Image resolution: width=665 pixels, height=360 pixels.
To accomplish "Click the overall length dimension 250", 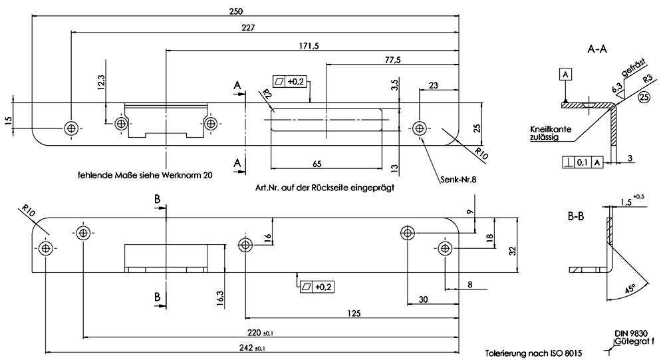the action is click(236, 11).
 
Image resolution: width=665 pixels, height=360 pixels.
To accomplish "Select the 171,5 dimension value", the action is click(309, 46).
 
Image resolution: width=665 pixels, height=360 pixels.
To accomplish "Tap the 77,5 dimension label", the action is click(393, 60).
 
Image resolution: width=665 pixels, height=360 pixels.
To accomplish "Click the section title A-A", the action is click(597, 49).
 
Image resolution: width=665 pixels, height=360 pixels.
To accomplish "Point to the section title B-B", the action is click(576, 216).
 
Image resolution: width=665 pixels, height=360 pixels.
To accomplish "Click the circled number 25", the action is click(644, 97).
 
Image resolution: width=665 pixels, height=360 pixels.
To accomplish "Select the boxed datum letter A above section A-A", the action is click(565, 75).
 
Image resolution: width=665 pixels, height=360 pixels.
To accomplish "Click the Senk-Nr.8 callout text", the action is click(458, 180).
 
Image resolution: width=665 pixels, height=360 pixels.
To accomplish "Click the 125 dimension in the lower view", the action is click(353, 313).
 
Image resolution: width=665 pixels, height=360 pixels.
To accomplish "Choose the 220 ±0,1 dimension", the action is click(260, 333).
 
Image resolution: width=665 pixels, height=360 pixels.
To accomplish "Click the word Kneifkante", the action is click(551, 129).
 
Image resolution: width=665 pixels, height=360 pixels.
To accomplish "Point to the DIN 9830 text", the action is click(631, 333).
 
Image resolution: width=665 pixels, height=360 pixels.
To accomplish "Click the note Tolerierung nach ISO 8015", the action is click(533, 353).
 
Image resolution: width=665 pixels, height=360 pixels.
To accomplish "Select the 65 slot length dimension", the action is click(317, 164).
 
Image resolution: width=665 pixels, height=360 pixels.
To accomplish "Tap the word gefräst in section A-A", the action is click(634, 68).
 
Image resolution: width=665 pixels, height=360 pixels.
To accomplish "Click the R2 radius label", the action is click(267, 94).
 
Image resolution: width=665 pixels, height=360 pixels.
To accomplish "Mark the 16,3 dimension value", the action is click(219, 298).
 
